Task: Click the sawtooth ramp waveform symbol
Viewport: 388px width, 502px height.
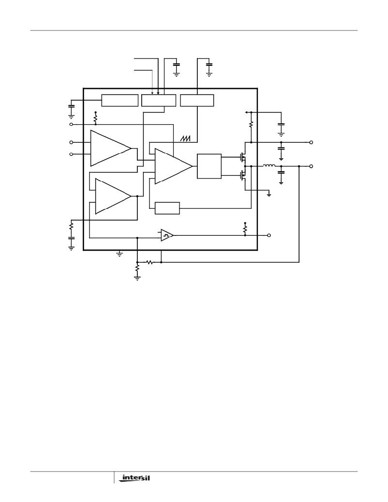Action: tap(185, 138)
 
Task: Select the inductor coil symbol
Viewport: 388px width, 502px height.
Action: tap(269, 165)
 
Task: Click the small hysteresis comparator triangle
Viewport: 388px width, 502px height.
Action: tap(166, 236)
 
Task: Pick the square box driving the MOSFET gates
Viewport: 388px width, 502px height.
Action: tap(209, 166)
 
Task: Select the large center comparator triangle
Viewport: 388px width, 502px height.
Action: tap(173, 166)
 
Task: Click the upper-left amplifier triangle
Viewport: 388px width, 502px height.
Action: tap(110, 148)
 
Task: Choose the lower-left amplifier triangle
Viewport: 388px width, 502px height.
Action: tap(113, 196)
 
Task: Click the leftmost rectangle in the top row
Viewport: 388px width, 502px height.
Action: tap(120, 100)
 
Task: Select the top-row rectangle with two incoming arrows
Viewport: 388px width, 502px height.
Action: tap(159, 100)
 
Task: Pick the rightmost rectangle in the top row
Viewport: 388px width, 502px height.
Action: tap(197, 100)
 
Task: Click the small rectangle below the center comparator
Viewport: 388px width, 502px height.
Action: tap(167, 208)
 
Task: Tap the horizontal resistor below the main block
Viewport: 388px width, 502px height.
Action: tap(149, 262)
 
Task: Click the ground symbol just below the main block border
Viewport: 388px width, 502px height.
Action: tap(119, 254)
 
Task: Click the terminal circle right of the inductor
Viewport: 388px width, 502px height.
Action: tap(311, 166)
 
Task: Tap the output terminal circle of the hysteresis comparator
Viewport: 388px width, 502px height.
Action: tap(269, 236)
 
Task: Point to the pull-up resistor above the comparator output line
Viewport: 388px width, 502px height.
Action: tap(245, 229)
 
